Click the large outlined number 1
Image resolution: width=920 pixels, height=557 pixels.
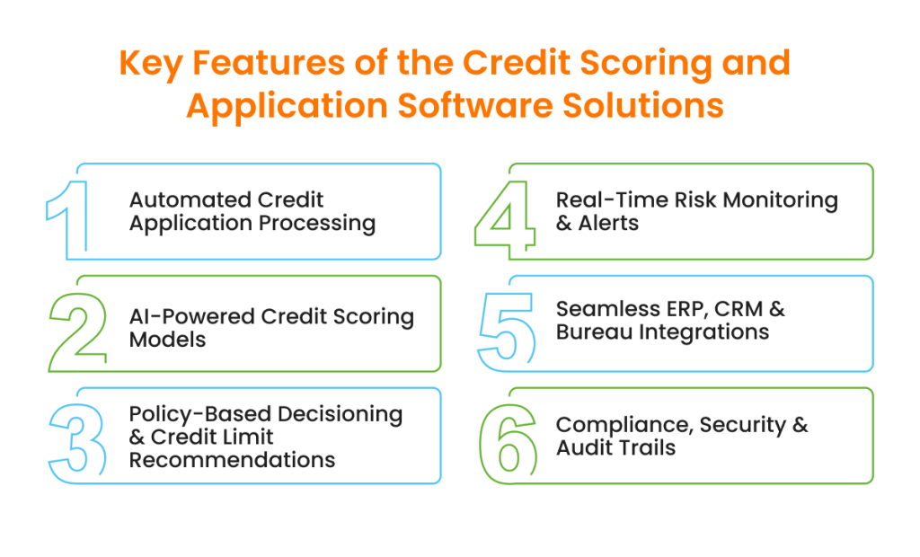coord(72,216)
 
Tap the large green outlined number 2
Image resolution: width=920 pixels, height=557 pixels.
coord(78,328)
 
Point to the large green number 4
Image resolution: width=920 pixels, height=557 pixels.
coord(506,216)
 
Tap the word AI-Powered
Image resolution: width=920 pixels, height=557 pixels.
coord(192,317)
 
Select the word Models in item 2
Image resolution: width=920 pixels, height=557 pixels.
coord(167,340)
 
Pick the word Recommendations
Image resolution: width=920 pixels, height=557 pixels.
coord(232,460)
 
